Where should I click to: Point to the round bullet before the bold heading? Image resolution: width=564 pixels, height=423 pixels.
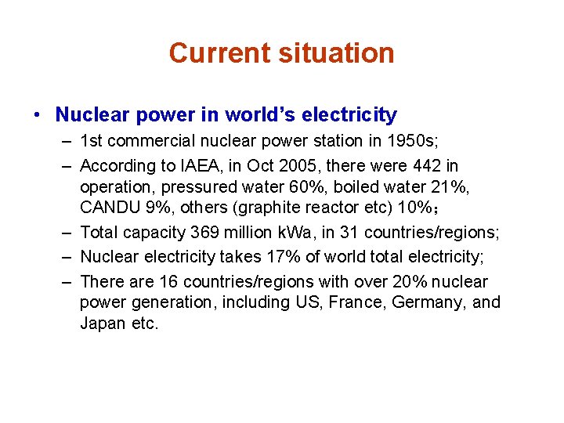(37, 116)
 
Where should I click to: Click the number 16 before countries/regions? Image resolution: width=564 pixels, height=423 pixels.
(168, 282)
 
